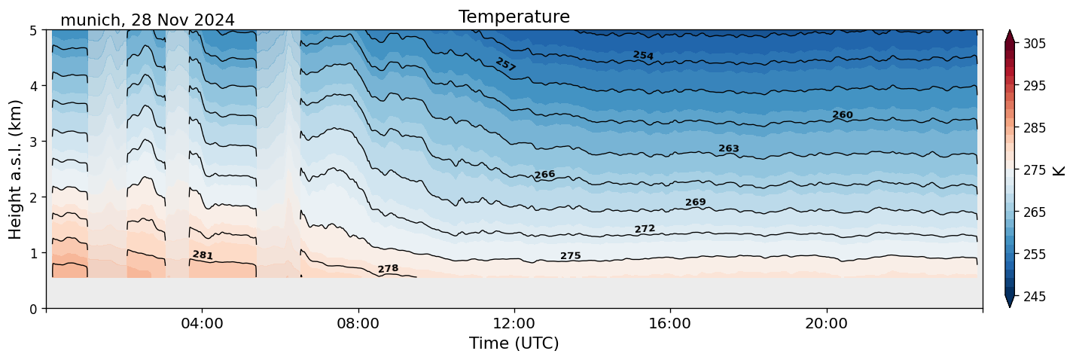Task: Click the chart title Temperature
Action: (x=514, y=17)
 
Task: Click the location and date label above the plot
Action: (x=147, y=20)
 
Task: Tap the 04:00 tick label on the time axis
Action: (x=202, y=324)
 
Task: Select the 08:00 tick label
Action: (x=358, y=324)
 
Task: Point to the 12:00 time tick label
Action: (x=514, y=324)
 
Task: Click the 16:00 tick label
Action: (x=670, y=324)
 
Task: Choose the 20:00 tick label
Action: (x=826, y=324)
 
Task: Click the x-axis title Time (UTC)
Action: (x=514, y=343)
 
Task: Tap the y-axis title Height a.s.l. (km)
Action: (x=16, y=169)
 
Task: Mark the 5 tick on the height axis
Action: (x=33, y=31)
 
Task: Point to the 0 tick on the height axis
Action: (x=33, y=309)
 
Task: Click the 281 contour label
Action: (x=203, y=255)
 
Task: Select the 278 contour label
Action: (x=388, y=269)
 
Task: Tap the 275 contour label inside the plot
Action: (x=570, y=256)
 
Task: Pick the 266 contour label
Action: (x=544, y=175)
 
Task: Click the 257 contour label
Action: (x=505, y=65)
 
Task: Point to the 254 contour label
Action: (x=643, y=56)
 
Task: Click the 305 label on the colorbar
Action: (x=1033, y=44)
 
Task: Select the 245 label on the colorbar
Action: (x=1033, y=297)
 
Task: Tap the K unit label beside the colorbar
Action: (x=1059, y=170)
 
